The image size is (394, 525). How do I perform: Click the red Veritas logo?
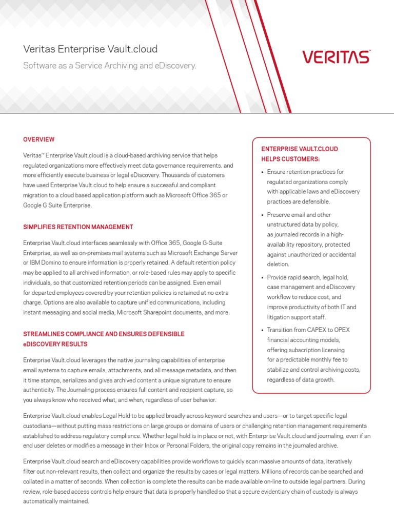click(336, 56)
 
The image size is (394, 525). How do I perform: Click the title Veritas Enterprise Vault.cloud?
click(90, 49)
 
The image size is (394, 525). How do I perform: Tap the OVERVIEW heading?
click(39, 139)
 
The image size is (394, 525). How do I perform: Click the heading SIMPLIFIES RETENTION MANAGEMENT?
click(78, 227)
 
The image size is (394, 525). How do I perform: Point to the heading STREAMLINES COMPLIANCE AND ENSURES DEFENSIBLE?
click(104, 334)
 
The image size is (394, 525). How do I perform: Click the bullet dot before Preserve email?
click(262, 215)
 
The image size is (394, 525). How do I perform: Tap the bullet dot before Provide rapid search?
click(262, 278)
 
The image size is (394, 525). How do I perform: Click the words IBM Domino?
click(47, 263)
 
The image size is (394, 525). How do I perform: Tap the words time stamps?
click(48, 380)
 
